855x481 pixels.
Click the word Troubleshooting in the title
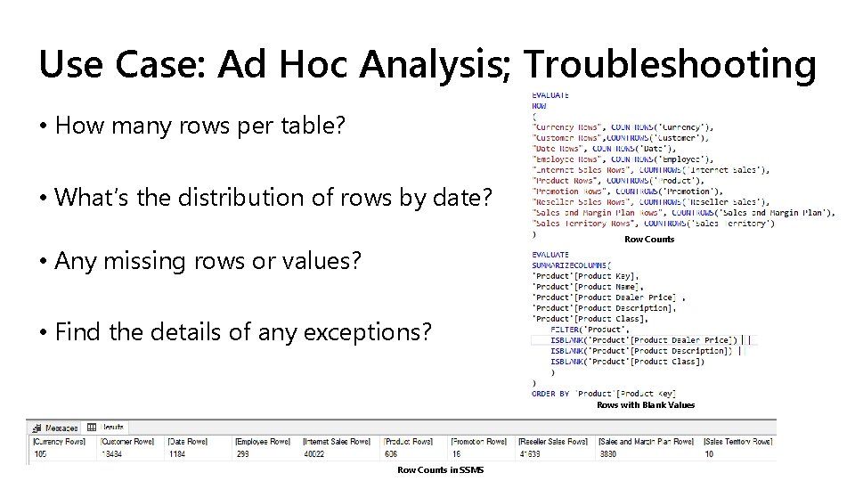tap(670, 64)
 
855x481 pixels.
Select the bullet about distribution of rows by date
tap(273, 197)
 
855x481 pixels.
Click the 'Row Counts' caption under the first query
tap(649, 240)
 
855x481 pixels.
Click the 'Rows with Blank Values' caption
tap(646, 405)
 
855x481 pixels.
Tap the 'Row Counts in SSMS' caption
tap(440, 469)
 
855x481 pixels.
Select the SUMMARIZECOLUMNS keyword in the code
tap(570, 265)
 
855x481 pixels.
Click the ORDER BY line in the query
tap(604, 394)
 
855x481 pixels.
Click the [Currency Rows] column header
tap(59, 441)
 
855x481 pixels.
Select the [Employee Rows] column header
tap(263, 441)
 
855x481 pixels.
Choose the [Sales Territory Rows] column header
tap(738, 441)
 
